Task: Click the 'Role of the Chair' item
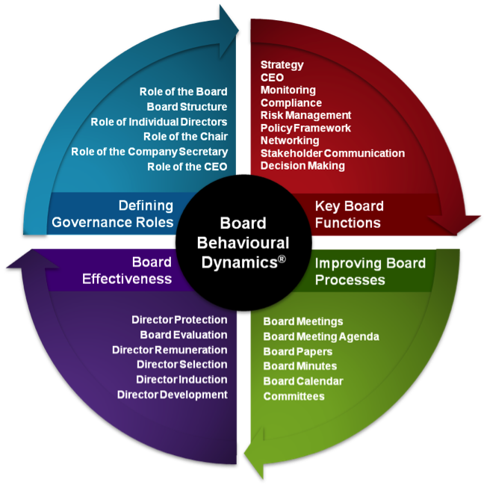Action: pos(185,137)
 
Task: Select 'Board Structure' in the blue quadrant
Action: pos(187,107)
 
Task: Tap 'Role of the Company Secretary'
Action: pos(149,152)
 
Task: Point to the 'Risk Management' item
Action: pos(305,115)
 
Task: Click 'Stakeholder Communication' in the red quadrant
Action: pos(332,153)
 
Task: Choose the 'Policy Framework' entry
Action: pos(305,128)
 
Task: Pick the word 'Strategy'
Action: pos(282,65)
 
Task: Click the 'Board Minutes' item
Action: pos(300,366)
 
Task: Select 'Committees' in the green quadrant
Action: pos(294,396)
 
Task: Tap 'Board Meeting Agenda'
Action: pos(321,336)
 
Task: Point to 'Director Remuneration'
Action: pos(170,350)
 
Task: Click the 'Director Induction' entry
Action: pos(182,380)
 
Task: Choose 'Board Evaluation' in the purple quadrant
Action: pos(184,335)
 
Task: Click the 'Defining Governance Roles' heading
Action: pos(112,214)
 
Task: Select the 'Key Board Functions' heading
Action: pos(349,214)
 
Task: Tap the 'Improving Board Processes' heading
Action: pos(370,271)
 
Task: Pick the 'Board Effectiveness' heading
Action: pos(141,271)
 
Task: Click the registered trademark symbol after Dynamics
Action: pos(280,259)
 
